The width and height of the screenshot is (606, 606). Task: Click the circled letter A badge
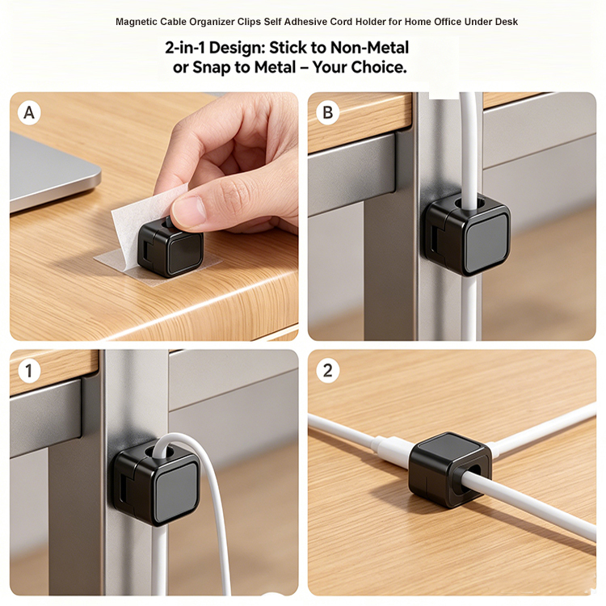coord(29,113)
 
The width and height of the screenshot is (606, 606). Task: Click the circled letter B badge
coord(327,113)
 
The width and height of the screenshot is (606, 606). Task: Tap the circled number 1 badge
coord(29,371)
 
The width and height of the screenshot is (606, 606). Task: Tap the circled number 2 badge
coord(327,371)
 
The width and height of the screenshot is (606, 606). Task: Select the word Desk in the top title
coord(507,22)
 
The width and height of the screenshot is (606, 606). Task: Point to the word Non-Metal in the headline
coord(369,48)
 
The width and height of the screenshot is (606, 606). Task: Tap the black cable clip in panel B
coord(465,234)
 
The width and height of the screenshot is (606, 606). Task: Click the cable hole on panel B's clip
coord(468,203)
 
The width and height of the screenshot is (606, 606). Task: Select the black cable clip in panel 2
coord(450,469)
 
